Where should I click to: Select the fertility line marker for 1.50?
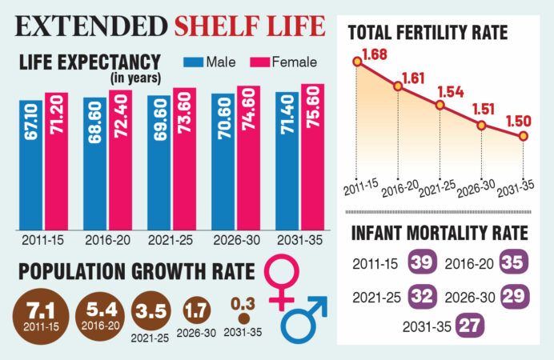click(523, 136)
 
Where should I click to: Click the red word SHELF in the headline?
click(217, 26)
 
